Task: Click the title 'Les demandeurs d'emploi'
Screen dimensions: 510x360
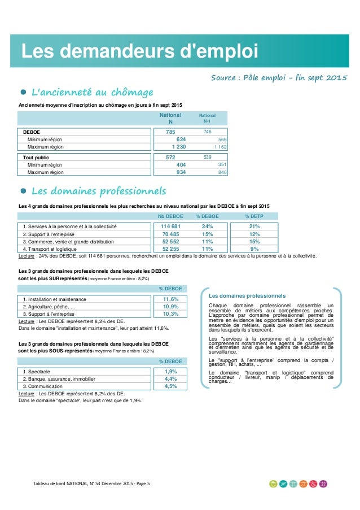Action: (139, 51)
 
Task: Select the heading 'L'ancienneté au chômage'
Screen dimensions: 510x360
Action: (91, 91)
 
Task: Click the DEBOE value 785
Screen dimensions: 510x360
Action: (170, 132)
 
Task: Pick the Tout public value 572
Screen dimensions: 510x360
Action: (170, 158)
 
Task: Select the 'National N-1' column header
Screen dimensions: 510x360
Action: (208, 118)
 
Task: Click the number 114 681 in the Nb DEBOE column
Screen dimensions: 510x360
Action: (170, 226)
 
